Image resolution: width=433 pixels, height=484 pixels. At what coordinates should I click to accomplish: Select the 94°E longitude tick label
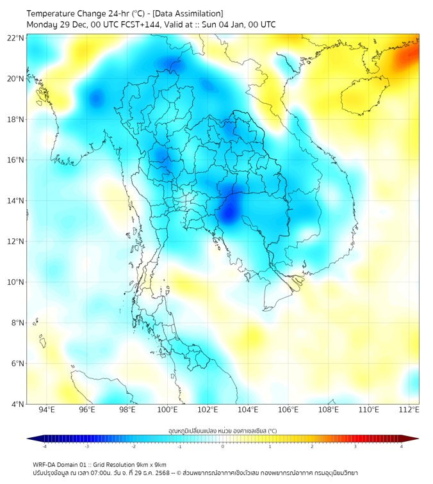[47, 410]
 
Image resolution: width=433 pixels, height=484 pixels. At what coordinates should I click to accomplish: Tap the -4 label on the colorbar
[44, 446]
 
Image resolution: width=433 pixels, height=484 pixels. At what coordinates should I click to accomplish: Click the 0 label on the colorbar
[223, 446]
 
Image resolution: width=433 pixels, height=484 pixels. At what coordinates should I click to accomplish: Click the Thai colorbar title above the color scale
[222, 430]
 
